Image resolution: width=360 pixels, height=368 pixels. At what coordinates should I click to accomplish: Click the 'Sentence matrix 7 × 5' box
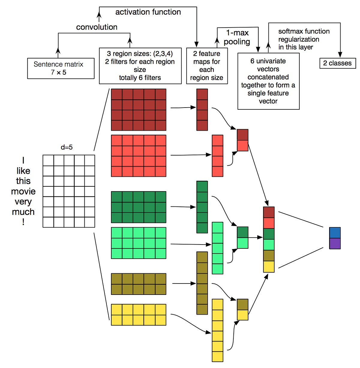pyautogui.click(x=61, y=68)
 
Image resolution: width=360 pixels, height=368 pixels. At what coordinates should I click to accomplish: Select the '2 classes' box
pyautogui.click(x=337, y=63)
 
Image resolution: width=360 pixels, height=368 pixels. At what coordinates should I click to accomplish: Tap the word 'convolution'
pyautogui.click(x=97, y=27)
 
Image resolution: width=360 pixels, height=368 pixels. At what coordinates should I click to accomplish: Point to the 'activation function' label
pyautogui.click(x=148, y=12)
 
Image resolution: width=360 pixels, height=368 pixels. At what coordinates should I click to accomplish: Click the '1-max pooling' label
pyautogui.click(x=237, y=37)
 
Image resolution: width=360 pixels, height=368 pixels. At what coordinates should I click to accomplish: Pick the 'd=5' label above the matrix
pyautogui.click(x=67, y=147)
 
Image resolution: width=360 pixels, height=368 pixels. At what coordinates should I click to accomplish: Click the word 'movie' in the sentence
pyautogui.click(x=23, y=191)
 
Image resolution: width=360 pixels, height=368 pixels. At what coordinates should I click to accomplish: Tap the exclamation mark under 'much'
pyautogui.click(x=23, y=222)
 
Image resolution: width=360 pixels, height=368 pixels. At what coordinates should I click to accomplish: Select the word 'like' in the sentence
pyautogui.click(x=23, y=171)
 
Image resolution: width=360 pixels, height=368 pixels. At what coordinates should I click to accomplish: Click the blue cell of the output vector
pyautogui.click(x=335, y=233)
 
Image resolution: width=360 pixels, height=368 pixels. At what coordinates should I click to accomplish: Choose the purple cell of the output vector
pyautogui.click(x=335, y=244)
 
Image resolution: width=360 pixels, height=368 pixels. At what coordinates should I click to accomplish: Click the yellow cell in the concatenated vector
pyautogui.click(x=269, y=267)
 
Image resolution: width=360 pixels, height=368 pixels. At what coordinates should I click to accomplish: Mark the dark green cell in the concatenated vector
pyautogui.click(x=269, y=234)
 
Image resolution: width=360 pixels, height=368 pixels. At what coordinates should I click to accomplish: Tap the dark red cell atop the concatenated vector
pyautogui.click(x=269, y=212)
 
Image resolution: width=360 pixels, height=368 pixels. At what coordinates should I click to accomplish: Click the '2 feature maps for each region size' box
pyautogui.click(x=207, y=66)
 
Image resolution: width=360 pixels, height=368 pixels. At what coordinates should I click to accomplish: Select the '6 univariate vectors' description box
pyautogui.click(x=268, y=81)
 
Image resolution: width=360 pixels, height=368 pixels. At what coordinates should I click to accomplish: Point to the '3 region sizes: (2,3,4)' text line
pyautogui.click(x=140, y=54)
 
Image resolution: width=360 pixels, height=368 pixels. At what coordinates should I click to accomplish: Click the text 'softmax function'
pyautogui.click(x=304, y=31)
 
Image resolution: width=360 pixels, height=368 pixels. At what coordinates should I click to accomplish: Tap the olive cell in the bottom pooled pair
pyautogui.click(x=242, y=304)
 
